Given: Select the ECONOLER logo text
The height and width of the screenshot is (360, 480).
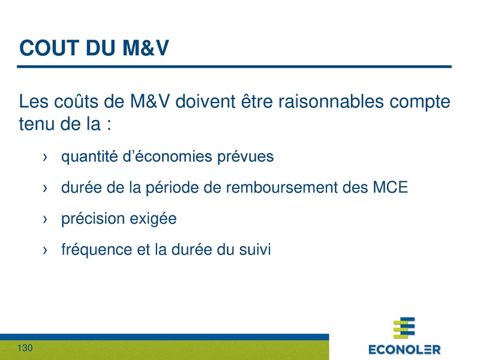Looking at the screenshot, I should tap(404, 349).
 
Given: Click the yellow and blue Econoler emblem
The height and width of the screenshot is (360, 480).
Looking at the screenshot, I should tap(404, 328).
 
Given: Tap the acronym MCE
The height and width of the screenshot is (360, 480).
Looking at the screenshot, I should tap(390, 188).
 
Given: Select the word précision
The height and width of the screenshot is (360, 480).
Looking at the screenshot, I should tap(92, 220).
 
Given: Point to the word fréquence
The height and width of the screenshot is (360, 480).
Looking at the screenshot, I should tap(95, 250).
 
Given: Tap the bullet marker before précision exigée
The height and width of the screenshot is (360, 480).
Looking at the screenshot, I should tap(46, 220).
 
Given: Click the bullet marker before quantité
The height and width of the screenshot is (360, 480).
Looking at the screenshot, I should tap(46, 157).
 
